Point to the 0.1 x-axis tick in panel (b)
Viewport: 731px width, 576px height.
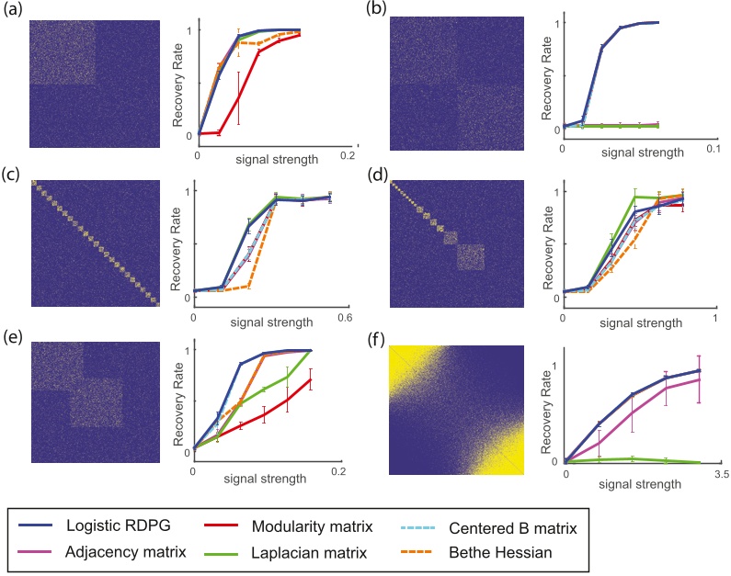click(709, 148)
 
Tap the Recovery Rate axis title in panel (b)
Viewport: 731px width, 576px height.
click(545, 73)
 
